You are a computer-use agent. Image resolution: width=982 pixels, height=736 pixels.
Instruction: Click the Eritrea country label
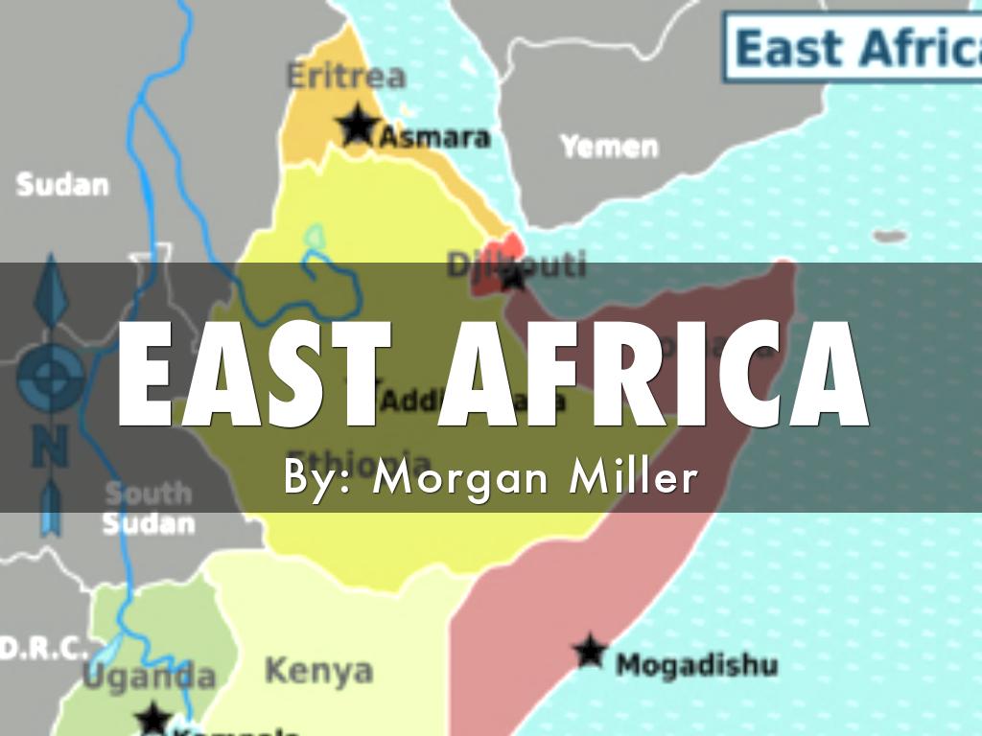(346, 76)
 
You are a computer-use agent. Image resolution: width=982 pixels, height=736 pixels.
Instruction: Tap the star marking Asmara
(358, 126)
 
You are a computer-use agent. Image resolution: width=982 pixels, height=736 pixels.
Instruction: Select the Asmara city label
(434, 137)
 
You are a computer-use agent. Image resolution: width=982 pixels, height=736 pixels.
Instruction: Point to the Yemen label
(609, 147)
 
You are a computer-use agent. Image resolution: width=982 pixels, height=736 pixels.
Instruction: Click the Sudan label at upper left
(62, 184)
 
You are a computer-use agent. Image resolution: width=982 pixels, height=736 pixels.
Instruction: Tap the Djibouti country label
(515, 263)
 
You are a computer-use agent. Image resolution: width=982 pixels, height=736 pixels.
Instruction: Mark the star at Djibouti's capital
(514, 279)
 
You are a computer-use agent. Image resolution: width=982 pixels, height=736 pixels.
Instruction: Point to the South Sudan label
(148, 508)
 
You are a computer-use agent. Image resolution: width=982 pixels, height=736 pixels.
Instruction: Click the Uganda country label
(149, 676)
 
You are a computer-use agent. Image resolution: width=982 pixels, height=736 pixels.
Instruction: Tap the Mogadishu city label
(695, 663)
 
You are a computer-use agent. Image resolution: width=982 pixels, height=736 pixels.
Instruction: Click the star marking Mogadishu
(589, 652)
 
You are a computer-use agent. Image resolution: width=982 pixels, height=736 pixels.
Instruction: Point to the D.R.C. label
(43, 648)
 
